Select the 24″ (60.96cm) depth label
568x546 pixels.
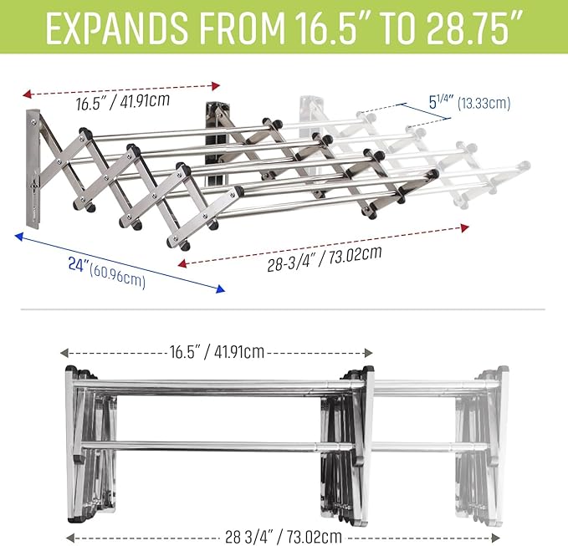tap(107, 273)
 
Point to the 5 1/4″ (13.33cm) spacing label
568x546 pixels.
tap(469, 103)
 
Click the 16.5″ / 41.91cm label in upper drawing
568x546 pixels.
tap(122, 101)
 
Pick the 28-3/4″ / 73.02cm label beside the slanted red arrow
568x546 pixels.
tap(325, 258)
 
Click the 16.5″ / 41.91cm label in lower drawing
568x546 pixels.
tap(217, 351)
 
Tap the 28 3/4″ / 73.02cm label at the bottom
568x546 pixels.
tap(284, 537)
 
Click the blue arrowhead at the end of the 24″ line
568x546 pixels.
tap(220, 289)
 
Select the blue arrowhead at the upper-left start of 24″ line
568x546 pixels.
tap(19, 237)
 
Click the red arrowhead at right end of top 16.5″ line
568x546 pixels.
tap(216, 86)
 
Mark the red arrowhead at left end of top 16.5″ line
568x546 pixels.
tap(27, 94)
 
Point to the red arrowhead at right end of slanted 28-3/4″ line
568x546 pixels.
tap(465, 227)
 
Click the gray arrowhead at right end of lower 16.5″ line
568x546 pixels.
tap(368, 353)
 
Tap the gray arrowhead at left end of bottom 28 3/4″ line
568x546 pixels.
tap(70, 538)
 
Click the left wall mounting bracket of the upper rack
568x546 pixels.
tap(33, 169)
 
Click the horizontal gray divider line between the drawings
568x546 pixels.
tap(283, 309)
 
